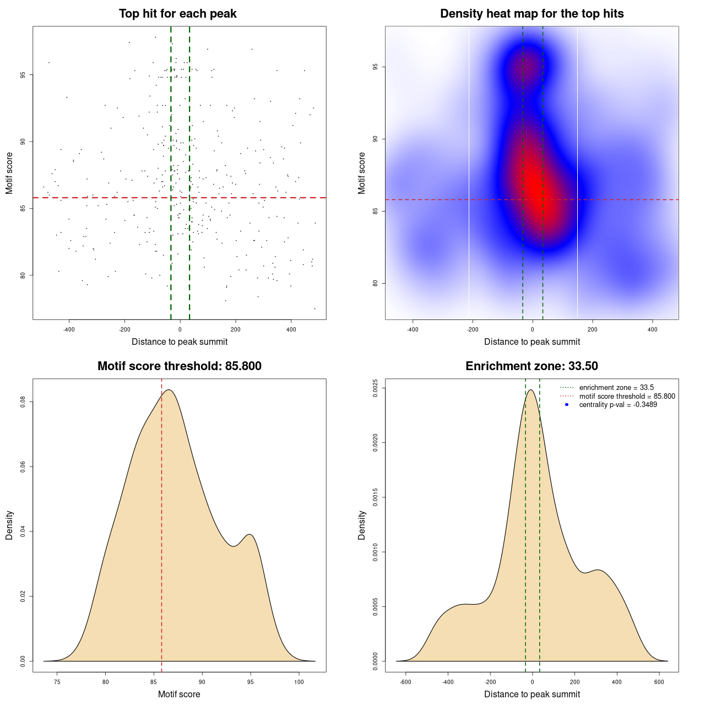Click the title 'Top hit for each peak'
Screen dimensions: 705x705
177,14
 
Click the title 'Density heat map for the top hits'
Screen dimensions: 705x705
532,14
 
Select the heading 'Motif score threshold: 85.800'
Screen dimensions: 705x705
179,366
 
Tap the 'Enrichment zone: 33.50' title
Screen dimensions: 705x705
532,366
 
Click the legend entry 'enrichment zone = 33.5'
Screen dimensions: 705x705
616,388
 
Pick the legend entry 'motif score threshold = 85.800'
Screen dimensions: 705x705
627,396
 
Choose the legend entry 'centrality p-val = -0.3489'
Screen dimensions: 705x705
618,405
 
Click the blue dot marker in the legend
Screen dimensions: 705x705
567,405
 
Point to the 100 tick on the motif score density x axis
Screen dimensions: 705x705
299,682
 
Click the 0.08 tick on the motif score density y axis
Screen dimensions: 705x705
23,402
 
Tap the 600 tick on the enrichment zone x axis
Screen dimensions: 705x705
659,682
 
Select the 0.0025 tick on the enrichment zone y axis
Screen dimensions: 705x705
375,388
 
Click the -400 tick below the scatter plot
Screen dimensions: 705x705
69,329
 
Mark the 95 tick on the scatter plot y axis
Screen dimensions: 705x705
23,75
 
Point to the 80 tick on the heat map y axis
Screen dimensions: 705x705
375,283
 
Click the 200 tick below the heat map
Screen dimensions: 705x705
592,329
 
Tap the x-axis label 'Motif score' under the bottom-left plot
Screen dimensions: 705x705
179,694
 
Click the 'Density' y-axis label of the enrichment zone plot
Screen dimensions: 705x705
362,525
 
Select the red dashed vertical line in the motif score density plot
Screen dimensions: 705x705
161,523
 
